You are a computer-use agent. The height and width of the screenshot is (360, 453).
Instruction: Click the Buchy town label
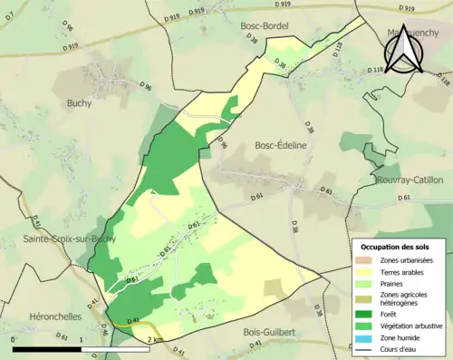(x=79, y=103)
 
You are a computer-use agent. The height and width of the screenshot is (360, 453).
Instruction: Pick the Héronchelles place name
(x=44, y=306)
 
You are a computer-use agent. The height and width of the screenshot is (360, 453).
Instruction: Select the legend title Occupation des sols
(x=398, y=247)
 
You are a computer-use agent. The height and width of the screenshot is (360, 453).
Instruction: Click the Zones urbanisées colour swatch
(x=366, y=260)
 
